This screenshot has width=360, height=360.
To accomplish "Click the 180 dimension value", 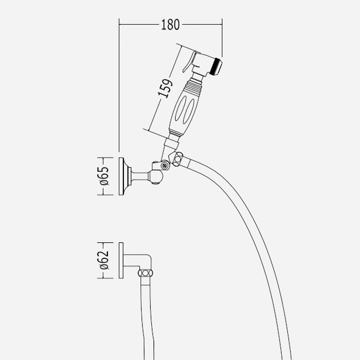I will [170, 24].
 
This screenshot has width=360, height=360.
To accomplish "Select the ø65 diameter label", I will [103, 176].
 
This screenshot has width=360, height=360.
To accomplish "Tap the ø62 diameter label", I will [103, 261].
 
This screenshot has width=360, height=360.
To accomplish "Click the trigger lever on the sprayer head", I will [188, 62].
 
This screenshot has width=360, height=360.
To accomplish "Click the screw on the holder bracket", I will [164, 166].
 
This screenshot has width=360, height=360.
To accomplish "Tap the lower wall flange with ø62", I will [121, 261].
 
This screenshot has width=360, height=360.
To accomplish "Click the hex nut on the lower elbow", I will [146, 273].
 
